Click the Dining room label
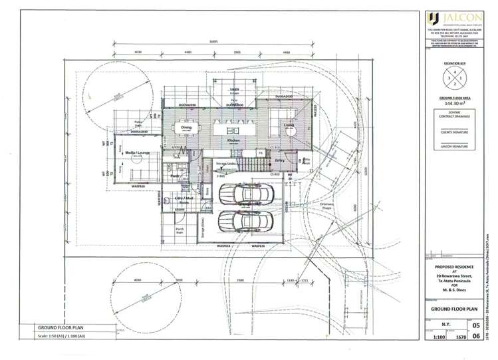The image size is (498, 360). [186, 126]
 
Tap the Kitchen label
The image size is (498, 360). [234, 141]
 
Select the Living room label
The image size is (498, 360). [289, 125]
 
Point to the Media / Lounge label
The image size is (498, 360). [136, 152]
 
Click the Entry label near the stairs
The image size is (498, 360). [279, 160]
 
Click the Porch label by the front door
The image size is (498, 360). [180, 230]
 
